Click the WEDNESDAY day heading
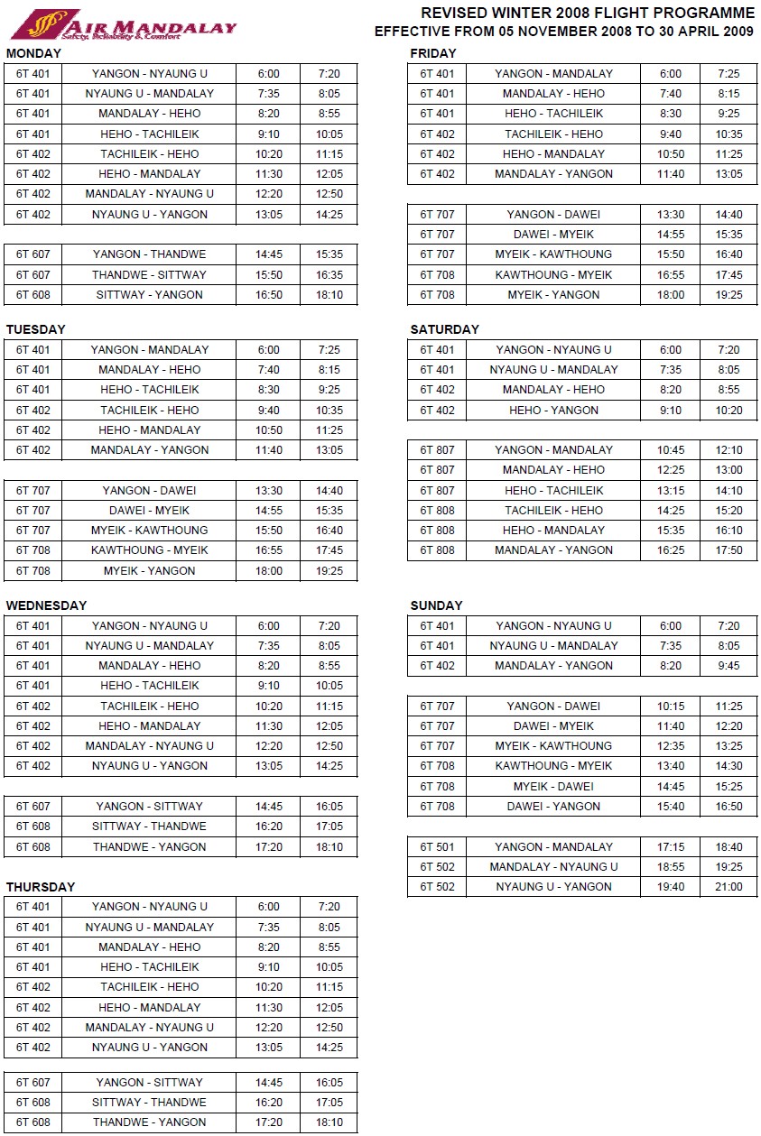click(46, 605)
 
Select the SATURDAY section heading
click(444, 329)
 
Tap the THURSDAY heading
click(40, 887)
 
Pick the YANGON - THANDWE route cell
click(149, 254)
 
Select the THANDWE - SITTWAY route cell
click(149, 274)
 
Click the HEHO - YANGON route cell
click(553, 410)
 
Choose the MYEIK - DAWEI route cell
click(553, 786)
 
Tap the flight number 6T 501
click(437, 846)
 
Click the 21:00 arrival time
click(728, 887)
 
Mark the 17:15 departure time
click(671, 846)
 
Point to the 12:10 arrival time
click(728, 449)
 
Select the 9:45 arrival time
click(728, 666)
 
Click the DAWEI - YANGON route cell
click(553, 807)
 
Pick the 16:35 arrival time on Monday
click(329, 274)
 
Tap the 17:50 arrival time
click(728, 550)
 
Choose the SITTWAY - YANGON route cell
click(149, 295)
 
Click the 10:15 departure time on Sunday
click(671, 707)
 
